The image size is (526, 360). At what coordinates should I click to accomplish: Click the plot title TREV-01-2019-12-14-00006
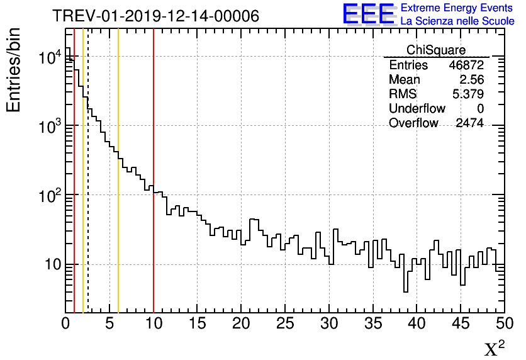pos(155,16)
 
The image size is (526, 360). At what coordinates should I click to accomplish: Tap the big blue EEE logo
pos(368,14)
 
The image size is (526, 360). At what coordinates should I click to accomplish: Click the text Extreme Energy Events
pos(457,8)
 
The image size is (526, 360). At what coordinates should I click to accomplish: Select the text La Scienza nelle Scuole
pos(457,21)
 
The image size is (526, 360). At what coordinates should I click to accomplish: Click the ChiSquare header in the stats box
pos(436,50)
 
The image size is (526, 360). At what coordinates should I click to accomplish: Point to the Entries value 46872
pos(466,65)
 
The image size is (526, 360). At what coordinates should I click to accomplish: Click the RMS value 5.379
pos(469,94)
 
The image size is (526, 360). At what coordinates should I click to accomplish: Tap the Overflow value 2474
pos(469,123)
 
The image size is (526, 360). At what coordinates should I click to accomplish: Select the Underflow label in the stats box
pos(417,109)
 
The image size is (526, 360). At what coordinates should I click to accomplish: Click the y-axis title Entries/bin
pos(14,70)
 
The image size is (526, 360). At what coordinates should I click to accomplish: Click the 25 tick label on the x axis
pos(286,323)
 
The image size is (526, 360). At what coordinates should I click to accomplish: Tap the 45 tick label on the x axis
pos(461,323)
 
